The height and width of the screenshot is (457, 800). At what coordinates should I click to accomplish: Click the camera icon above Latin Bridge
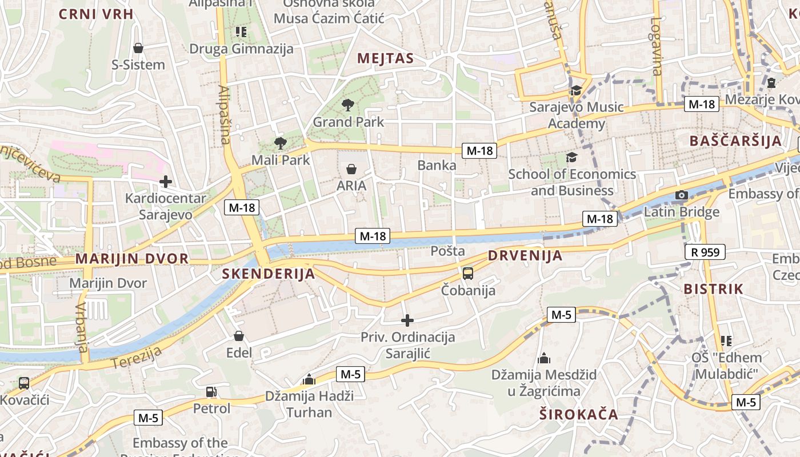[681, 195]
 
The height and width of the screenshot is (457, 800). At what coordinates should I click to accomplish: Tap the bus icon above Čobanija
[468, 273]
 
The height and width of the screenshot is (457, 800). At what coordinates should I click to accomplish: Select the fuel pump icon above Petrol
[211, 392]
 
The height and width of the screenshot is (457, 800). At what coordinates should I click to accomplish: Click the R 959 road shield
[705, 252]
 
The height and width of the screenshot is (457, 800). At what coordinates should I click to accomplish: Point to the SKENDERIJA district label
[268, 274]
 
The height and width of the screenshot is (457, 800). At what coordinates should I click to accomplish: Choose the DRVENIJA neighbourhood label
[525, 255]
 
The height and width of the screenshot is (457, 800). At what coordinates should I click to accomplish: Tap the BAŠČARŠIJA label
[735, 141]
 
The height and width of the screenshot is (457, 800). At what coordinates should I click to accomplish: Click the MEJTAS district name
[385, 58]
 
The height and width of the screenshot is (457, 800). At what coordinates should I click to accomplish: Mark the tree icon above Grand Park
[347, 105]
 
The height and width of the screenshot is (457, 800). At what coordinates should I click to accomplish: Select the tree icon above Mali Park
[280, 143]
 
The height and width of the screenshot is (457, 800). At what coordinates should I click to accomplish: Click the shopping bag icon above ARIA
[351, 169]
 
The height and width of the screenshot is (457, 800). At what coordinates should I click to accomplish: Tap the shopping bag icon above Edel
[239, 336]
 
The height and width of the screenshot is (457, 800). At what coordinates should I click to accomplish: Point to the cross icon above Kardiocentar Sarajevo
[166, 182]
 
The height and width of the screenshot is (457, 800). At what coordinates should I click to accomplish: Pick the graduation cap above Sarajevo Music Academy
[576, 90]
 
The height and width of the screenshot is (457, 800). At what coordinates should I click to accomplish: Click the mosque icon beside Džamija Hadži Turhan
[309, 379]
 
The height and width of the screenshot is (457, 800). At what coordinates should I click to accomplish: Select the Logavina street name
[656, 46]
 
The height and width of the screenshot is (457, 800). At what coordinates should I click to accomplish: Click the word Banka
[437, 166]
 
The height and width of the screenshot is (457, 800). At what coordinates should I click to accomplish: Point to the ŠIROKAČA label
[578, 414]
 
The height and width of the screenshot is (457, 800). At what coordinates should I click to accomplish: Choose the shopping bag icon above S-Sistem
[138, 48]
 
